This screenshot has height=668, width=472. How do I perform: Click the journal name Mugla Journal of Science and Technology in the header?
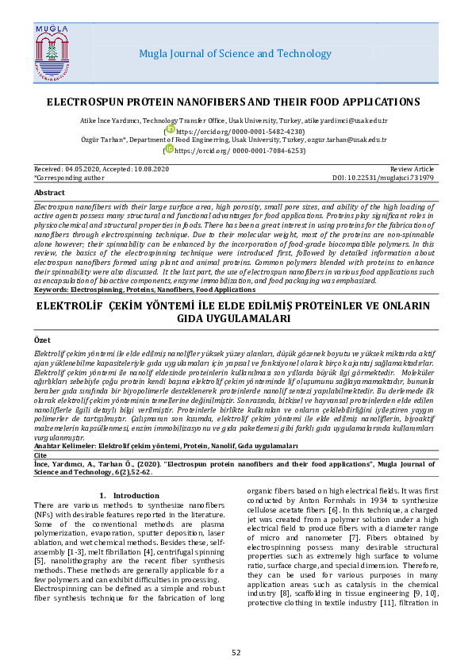click(235, 54)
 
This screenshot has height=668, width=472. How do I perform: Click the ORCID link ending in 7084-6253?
click(240, 150)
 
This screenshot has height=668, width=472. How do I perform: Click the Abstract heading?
click(50, 193)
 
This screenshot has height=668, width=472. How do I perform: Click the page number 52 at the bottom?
click(236, 653)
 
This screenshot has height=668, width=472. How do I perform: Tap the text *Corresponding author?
click(70, 179)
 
